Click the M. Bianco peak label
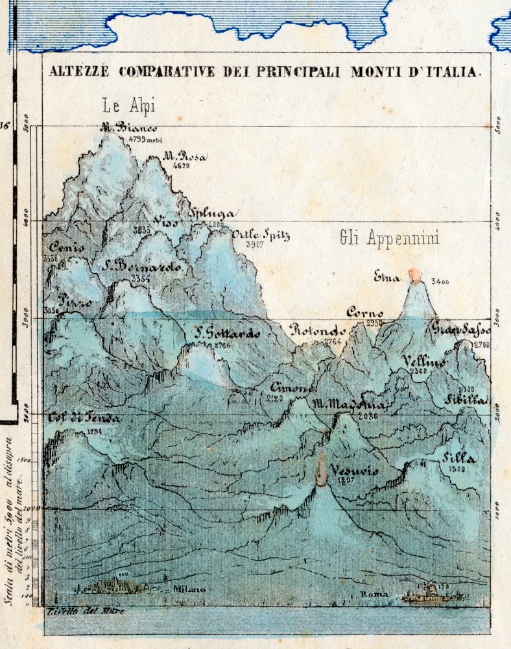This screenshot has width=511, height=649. [x=128, y=128]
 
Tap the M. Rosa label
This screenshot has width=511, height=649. [x=184, y=156]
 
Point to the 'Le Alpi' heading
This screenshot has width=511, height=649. [x=129, y=106]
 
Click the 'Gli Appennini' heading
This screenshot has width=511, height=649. [x=389, y=239]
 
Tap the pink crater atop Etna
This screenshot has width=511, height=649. [x=414, y=276]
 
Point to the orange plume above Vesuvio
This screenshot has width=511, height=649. [x=321, y=467]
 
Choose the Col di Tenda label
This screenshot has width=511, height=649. [x=84, y=418]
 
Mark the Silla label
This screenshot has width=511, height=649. [x=459, y=458]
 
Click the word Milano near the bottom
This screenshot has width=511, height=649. [x=189, y=589]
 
